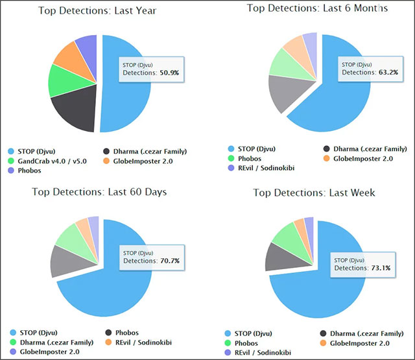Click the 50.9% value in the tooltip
pyautogui.click(x=169, y=73)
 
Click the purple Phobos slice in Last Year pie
pyautogui.click(x=87, y=47)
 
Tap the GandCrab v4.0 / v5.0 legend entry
pyautogui.click(x=53, y=161)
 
